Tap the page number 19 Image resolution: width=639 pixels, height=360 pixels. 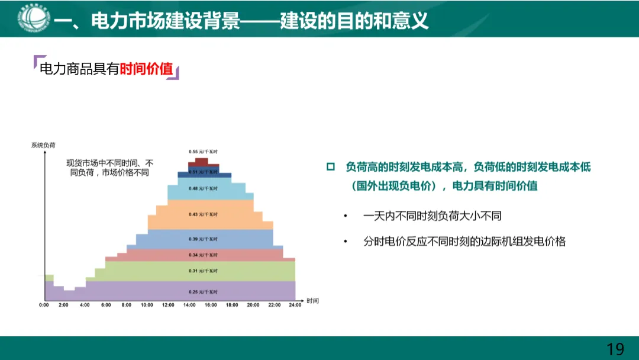pyautogui.click(x=615, y=349)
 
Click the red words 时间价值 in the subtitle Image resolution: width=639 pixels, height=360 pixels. pyautogui.click(x=146, y=70)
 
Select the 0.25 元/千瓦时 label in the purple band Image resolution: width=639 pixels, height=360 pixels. pyautogui.click(x=203, y=292)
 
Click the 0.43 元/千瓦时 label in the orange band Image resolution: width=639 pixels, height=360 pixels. pyautogui.click(x=203, y=214)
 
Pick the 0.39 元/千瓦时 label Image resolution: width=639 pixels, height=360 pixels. pyautogui.click(x=203, y=239)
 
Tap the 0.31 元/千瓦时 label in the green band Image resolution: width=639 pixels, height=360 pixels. pyautogui.click(x=203, y=271)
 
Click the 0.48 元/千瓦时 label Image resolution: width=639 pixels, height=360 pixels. pyautogui.click(x=203, y=188)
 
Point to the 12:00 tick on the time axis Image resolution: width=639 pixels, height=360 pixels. pyautogui.click(x=168, y=305)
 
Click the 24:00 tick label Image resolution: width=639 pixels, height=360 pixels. pyautogui.click(x=294, y=305)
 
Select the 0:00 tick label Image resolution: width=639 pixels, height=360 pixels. pyautogui.click(x=44, y=305)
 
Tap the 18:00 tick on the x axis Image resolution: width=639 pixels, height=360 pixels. pyautogui.click(x=231, y=305)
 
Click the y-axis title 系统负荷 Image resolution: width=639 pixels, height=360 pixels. pyautogui.click(x=43, y=144)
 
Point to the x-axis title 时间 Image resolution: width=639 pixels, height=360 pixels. pyautogui.click(x=312, y=301)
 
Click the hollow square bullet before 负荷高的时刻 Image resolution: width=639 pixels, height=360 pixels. pyautogui.click(x=331, y=167)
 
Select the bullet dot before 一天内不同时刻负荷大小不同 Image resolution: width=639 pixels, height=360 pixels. pyautogui.click(x=346, y=216)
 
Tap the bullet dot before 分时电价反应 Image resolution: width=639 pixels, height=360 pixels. pyautogui.click(x=346, y=242)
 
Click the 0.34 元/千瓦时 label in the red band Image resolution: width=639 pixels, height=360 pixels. pyautogui.click(x=203, y=255)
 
